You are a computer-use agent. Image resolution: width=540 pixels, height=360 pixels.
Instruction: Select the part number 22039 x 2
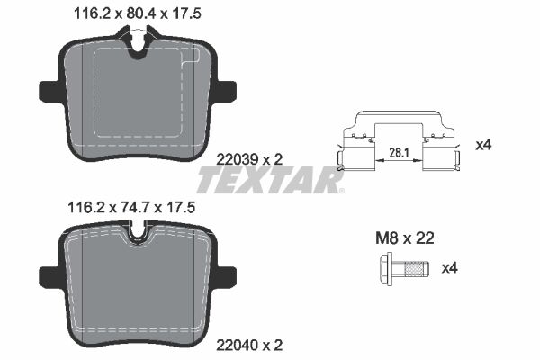251,157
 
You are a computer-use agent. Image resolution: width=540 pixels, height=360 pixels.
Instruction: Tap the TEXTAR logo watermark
270,182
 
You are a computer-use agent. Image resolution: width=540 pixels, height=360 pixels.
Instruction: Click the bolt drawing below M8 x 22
400,267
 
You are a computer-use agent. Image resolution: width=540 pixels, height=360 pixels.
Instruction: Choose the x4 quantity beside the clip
482,145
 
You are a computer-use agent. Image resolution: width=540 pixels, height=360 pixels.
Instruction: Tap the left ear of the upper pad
49,92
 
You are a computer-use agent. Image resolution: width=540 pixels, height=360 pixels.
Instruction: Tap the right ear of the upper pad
227,92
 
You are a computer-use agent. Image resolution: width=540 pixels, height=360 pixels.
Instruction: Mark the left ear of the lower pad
49,274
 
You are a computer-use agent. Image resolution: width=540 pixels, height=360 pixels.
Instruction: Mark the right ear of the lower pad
227,274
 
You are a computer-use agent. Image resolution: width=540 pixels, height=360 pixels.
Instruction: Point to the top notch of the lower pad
138,238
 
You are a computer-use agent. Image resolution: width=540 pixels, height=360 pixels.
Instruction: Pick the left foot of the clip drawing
344,162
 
